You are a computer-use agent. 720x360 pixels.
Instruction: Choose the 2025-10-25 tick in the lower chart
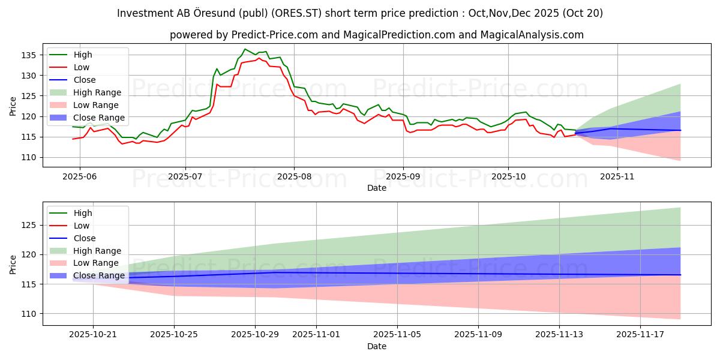click(174, 334)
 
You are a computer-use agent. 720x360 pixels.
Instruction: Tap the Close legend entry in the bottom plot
click(83, 238)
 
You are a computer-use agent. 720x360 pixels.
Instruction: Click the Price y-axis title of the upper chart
click(13, 106)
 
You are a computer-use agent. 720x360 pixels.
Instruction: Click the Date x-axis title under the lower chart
click(376, 346)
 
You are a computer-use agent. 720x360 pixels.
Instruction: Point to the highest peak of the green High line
click(245, 49)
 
